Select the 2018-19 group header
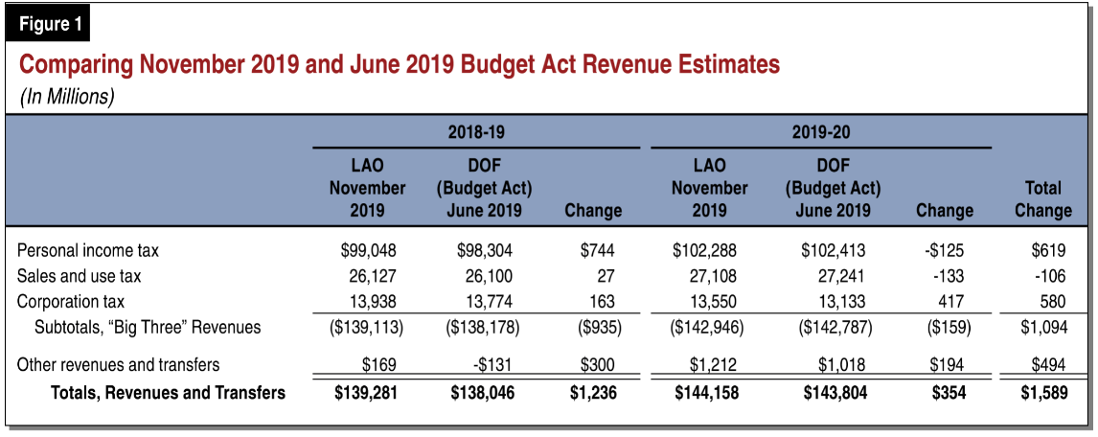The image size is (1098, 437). click(476, 131)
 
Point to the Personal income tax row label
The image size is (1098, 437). click(88, 251)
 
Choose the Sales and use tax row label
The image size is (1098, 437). click(79, 277)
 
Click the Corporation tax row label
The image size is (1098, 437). click(71, 302)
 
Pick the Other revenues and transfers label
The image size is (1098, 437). click(119, 365)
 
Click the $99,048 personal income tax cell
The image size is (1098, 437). click(368, 251)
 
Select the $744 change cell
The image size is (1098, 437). click(596, 251)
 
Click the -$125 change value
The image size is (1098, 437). click(943, 251)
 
